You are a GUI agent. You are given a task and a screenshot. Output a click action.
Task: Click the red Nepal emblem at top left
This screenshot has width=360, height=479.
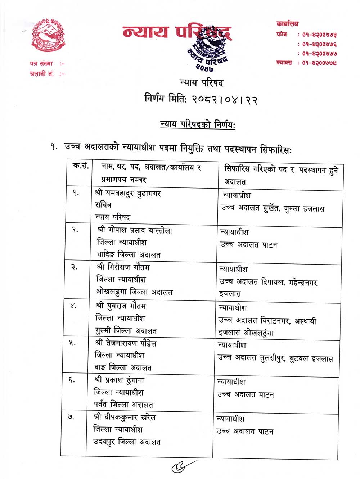point(48,35)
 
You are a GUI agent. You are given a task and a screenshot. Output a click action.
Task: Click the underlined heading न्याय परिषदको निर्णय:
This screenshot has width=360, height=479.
point(198,125)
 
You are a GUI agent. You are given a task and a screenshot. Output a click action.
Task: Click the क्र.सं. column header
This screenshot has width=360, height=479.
point(81,167)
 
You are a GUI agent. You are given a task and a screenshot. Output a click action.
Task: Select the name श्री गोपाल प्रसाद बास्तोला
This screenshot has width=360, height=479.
point(135,230)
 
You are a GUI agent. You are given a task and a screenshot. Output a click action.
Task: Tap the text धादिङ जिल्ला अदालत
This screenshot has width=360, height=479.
point(129,255)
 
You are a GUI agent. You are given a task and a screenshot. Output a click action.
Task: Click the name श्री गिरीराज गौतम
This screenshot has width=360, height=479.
point(123,267)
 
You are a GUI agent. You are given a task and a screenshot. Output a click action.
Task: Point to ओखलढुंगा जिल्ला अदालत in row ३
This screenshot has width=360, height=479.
point(134,292)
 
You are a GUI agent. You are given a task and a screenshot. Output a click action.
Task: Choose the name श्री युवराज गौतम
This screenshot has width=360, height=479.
point(121,306)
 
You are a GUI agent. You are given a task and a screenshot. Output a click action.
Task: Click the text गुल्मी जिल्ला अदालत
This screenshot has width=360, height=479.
point(126,330)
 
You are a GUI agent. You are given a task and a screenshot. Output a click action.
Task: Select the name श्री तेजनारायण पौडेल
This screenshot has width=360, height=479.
point(126,343)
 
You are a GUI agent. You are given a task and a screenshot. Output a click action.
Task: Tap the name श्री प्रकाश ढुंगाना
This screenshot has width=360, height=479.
point(119,380)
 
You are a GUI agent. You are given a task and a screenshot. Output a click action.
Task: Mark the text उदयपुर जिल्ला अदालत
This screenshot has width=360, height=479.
point(127,442)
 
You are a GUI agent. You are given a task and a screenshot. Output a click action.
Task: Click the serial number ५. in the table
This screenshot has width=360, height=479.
point(72,343)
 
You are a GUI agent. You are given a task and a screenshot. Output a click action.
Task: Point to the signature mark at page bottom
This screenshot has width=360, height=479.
point(184,466)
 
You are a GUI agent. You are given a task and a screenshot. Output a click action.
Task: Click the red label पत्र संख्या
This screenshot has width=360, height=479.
point(41,64)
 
